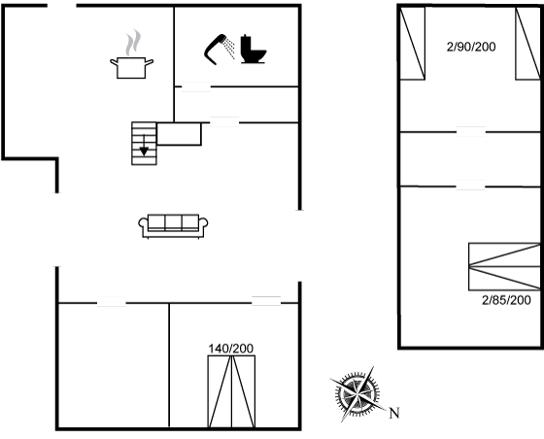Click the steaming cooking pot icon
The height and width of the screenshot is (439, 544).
coord(131,54)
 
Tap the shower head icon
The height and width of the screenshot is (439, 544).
coord(219,50)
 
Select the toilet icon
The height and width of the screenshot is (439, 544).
coord(254,49)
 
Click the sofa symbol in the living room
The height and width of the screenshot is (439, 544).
coord(173,226)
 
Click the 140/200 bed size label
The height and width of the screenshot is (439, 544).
coord(231,349)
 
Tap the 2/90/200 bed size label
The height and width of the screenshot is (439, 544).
coord(471,47)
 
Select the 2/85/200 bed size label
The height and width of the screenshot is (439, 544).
coord(506,300)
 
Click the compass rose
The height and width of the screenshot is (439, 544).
coord(357,394)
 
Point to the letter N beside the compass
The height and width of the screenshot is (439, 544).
coord(394,413)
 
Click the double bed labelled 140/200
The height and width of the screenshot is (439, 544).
coord(231,391)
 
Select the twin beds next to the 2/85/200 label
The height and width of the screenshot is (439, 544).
coord(504,266)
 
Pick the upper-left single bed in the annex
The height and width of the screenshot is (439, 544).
coord(413,44)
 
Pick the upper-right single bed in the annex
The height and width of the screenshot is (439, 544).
coord(527,44)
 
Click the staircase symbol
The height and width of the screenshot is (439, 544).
coord(144,143)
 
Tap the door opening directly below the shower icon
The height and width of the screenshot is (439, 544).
coord(196,86)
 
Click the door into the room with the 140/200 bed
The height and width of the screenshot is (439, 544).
coord(266,302)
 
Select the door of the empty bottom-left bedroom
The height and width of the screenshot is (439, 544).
coord(112,302)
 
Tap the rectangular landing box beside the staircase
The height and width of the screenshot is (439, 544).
coord(179,134)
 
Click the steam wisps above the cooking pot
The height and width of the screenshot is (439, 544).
coord(134,43)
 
